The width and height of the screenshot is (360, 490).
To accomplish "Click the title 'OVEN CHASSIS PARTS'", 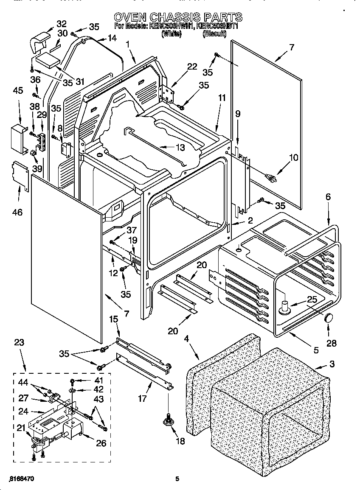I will (x=178, y=17).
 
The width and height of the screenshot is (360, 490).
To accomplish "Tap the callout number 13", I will (x=180, y=147).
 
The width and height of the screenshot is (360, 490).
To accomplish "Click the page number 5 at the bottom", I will (x=177, y=479).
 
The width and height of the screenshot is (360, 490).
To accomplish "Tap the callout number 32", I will (x=62, y=23).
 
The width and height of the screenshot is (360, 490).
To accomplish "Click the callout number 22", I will (x=192, y=67).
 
